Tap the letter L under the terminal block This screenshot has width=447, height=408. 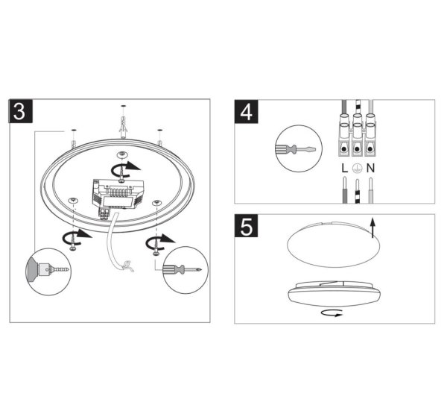(344, 170)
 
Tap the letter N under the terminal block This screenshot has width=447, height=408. (370, 170)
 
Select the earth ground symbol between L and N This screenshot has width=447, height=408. (357, 170)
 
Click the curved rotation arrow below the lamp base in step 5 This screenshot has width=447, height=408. (330, 314)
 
